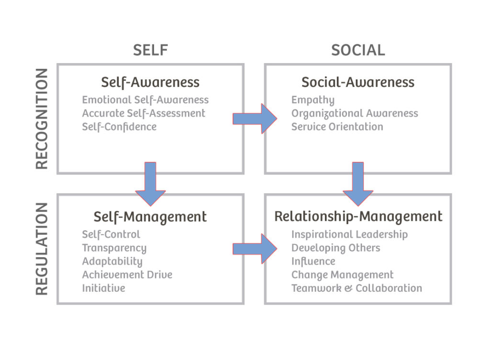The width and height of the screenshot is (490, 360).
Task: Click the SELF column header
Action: pos(151,50)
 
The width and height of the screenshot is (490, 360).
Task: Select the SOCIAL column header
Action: pos(358,50)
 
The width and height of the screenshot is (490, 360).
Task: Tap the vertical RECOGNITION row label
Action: pos(42,119)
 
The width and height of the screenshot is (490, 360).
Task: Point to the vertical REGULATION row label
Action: pos(42,249)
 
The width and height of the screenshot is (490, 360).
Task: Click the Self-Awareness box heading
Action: pos(150,82)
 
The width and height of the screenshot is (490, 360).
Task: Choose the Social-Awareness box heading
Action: pos(358,82)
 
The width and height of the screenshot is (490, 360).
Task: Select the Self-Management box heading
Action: pos(150,217)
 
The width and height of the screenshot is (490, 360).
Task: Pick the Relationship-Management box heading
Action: pos(358,217)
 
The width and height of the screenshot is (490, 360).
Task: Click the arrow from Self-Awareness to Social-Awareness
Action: pos(255,119)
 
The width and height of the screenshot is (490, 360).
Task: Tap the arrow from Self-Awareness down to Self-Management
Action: pos(150,184)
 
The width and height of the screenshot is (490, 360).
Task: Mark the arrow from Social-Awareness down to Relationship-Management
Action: pos(358,184)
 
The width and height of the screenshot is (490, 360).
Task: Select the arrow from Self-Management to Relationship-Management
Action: pos(255,249)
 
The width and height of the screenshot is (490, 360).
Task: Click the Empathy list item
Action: pos(313,100)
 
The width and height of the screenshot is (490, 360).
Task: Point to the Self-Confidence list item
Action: pos(119,127)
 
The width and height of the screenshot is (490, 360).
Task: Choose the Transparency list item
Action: pos(114,248)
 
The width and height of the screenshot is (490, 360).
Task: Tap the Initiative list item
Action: pos(104,288)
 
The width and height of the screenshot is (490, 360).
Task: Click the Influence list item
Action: pos(313,261)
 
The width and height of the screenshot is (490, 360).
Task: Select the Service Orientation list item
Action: pos(337,127)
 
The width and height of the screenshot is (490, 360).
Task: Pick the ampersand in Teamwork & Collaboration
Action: pos(348,288)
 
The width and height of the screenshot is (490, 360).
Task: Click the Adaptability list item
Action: pos(112,262)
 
